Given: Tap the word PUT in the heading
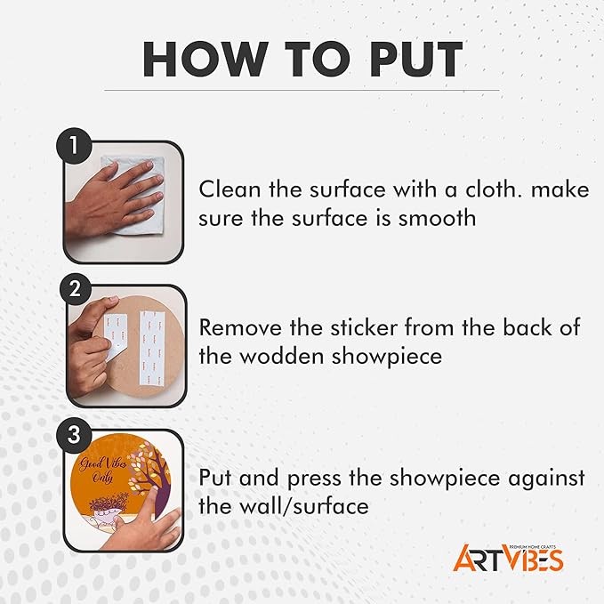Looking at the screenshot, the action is tap(416, 59).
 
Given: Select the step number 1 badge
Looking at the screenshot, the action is tap(74, 147).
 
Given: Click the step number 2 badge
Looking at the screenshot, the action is tap(75, 289).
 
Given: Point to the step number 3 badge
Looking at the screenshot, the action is tap(74, 435).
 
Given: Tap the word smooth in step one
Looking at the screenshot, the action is tap(437, 219).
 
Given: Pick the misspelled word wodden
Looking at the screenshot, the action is tap(282, 357).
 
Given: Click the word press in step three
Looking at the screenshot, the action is tap(314, 479).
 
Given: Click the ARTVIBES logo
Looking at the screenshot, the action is tap(508, 558).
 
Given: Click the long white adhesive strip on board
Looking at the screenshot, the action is tap(152, 349).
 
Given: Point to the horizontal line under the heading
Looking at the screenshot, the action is tap(302, 91).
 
